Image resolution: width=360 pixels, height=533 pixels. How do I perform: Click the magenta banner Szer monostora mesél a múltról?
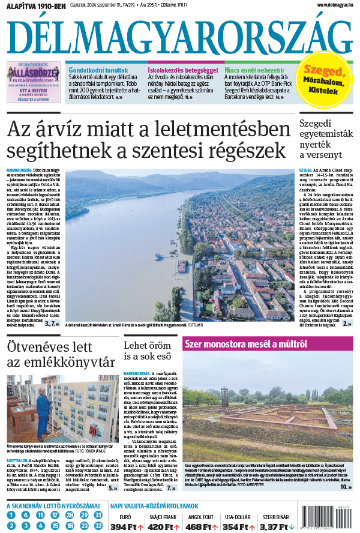coord(246,344)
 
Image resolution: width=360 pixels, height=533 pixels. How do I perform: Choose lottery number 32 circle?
coord(98,526)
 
